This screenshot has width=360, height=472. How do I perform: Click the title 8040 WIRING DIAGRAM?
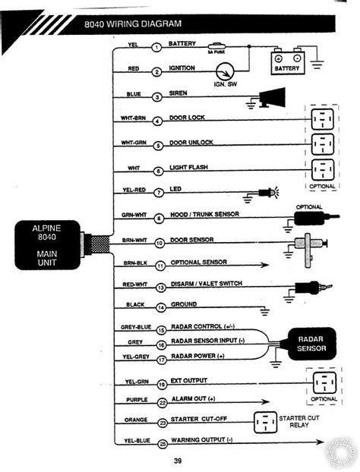(x=124, y=24)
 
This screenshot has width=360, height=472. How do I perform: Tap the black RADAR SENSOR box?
(x=310, y=343)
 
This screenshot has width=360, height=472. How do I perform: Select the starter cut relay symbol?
(x=266, y=421)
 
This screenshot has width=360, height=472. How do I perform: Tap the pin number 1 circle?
(x=156, y=47)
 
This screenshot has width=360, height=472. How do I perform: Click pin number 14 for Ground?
(x=160, y=307)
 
